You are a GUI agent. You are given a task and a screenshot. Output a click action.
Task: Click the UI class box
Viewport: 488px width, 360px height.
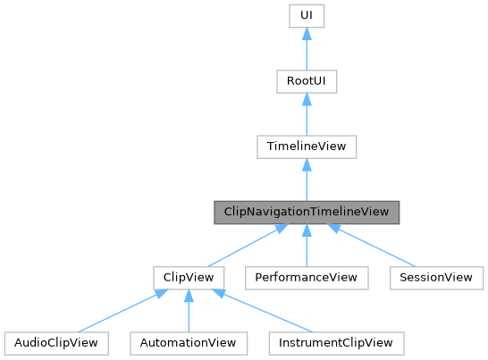click(x=306, y=16)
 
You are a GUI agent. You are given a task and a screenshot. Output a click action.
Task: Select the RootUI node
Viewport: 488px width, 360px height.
click(x=306, y=81)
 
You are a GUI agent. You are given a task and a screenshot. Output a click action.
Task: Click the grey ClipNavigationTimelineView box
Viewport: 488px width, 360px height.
click(x=306, y=212)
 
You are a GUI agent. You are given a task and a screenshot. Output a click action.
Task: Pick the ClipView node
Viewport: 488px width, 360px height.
click(x=188, y=277)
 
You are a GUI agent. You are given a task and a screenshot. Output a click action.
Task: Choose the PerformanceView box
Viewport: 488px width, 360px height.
click(x=306, y=277)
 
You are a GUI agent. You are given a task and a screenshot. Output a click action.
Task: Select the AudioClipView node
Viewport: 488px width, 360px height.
click(x=56, y=342)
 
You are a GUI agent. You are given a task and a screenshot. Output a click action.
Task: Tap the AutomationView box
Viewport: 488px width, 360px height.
click(x=188, y=342)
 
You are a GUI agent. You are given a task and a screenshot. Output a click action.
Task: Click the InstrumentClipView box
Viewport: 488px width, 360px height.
click(x=336, y=342)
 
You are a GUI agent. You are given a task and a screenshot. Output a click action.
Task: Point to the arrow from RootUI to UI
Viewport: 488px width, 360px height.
click(x=306, y=50)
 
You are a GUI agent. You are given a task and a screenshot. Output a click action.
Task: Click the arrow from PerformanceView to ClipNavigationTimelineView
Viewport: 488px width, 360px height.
click(x=306, y=246)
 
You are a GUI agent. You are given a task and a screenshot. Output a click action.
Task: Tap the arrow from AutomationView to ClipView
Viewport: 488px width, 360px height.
click(x=188, y=311)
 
